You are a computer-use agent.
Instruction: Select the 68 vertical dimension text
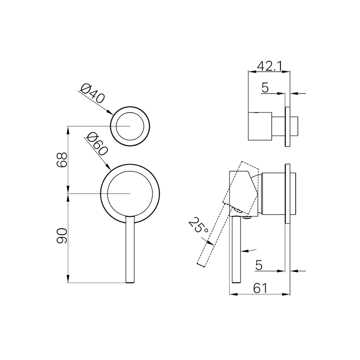tap(62, 159)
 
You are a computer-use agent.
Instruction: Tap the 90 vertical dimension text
tap(62, 236)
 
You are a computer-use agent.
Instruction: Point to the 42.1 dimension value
tap(269, 66)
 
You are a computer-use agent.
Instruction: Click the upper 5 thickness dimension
tap(265, 88)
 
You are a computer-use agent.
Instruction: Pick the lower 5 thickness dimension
tap(259, 265)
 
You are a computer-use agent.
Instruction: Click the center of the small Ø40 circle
tap(130, 126)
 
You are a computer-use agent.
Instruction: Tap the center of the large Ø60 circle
tap(130, 194)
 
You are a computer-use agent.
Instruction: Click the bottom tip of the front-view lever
tap(130, 282)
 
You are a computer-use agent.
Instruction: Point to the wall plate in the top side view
tap(287, 127)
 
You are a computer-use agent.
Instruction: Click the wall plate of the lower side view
tap(287, 194)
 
